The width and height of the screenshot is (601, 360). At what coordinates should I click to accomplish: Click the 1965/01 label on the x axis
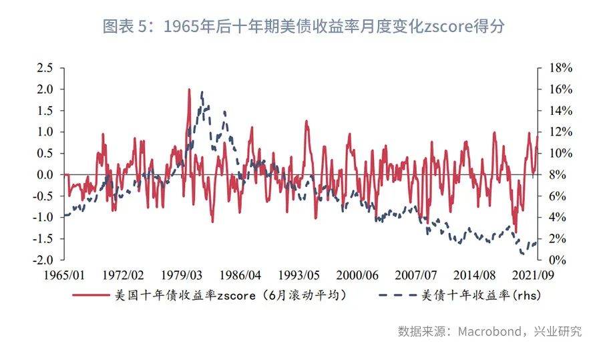tap(64, 275)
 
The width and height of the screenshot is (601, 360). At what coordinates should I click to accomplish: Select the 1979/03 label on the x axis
tap(182, 275)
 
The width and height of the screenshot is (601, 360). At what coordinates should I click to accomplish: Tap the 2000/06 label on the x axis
tap(357, 275)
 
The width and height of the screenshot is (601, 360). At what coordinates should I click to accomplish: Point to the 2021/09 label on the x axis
tap(532, 275)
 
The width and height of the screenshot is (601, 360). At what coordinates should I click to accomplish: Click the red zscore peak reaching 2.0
tap(189, 89)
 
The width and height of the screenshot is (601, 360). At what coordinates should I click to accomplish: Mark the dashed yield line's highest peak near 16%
tap(202, 93)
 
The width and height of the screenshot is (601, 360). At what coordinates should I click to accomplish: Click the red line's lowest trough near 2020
tap(516, 231)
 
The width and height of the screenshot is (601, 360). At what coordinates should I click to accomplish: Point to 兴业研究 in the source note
tap(560, 331)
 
